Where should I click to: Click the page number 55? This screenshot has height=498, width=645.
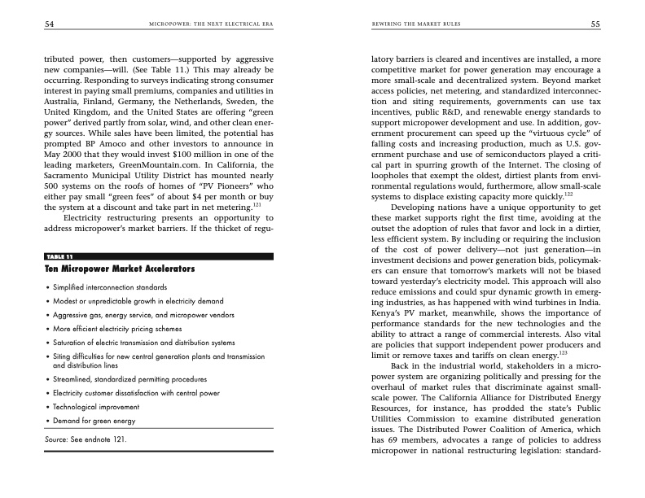[x=595, y=24]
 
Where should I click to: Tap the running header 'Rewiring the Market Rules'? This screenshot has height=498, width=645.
[x=415, y=24]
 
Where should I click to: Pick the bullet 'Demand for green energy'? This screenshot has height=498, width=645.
[x=93, y=421]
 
